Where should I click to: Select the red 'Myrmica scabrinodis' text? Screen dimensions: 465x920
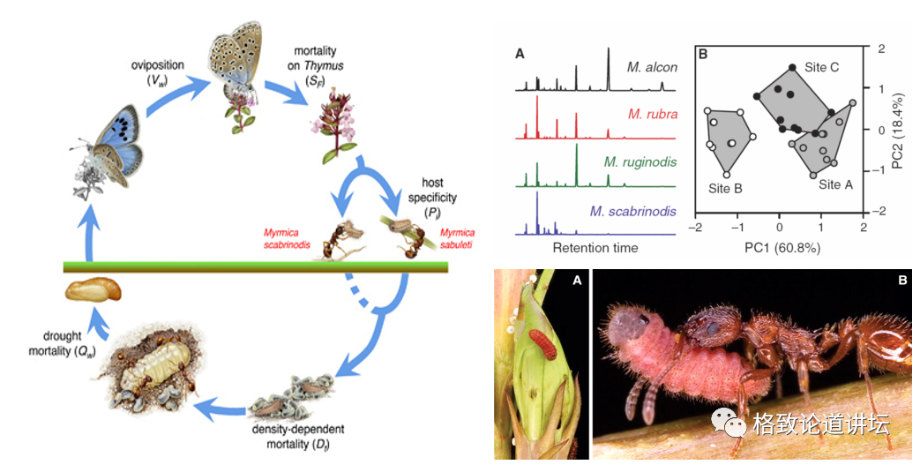click(x=288, y=238)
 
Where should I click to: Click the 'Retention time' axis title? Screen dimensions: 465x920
click(x=595, y=248)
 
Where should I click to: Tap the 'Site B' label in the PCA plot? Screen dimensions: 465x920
click(x=726, y=188)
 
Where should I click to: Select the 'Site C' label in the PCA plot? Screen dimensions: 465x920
click(x=822, y=67)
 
